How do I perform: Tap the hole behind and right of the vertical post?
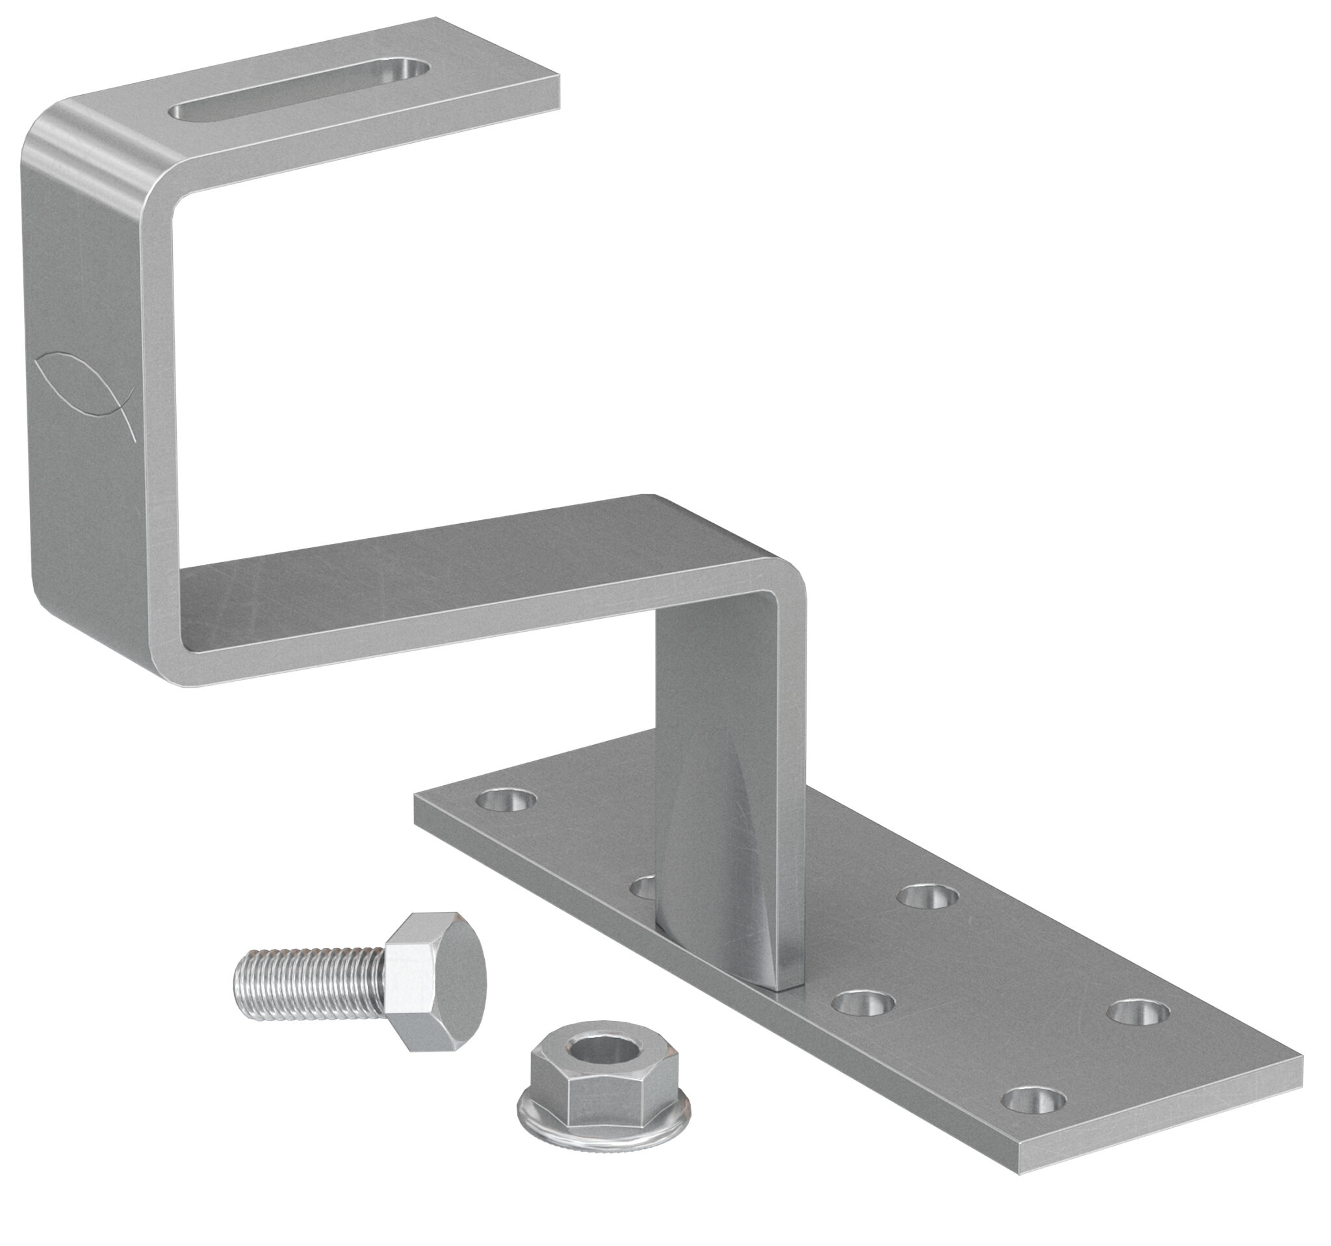click(928, 898)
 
